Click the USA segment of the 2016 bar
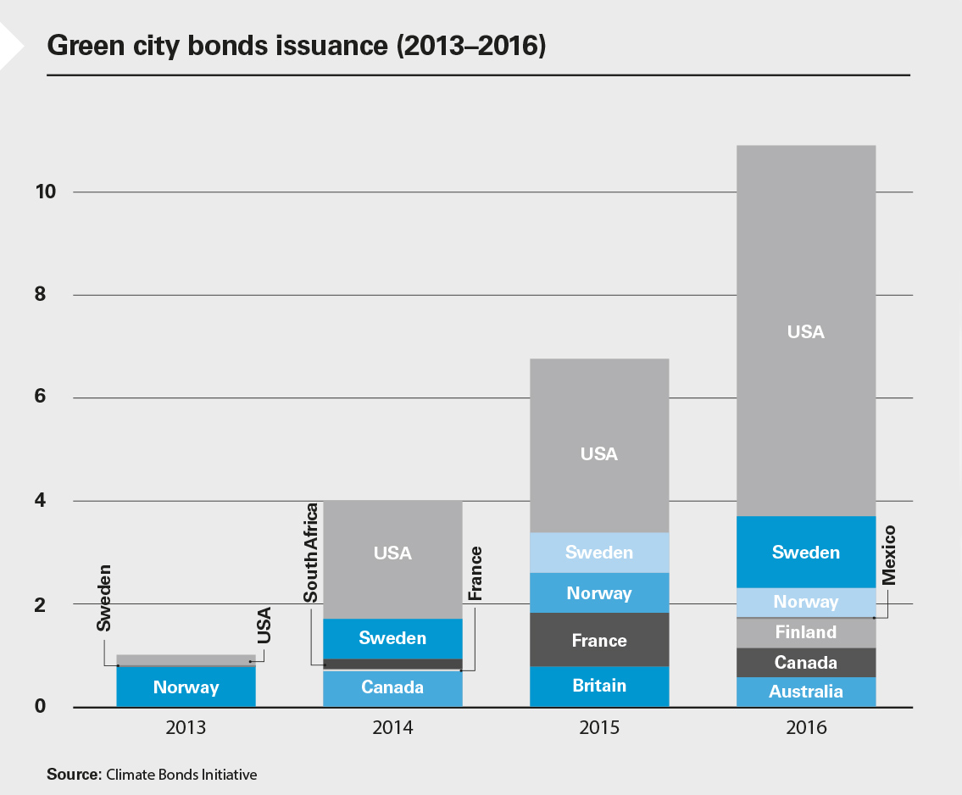805,331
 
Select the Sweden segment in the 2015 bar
598,553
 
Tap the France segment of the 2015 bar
598,640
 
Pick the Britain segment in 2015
598,686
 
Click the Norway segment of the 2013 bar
186,687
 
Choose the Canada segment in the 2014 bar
392,687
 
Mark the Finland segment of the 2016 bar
805,632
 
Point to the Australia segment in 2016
805,692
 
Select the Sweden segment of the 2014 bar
392,638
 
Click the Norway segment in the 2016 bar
805,602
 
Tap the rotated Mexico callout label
888,555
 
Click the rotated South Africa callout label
311,553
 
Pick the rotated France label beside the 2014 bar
475,574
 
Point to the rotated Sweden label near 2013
104,599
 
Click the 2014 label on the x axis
392,728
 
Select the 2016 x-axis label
805,728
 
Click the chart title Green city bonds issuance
297,46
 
